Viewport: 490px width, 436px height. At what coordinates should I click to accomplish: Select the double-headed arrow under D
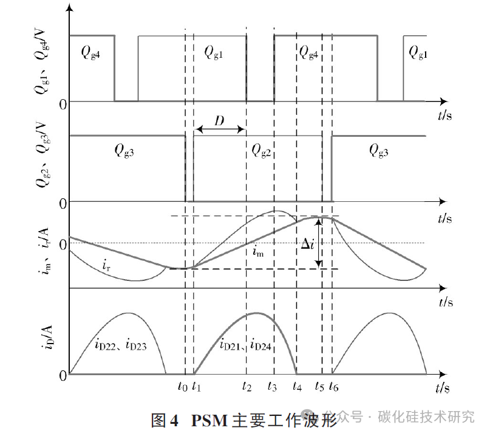pyautogui.click(x=219, y=130)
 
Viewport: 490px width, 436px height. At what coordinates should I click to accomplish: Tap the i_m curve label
pyautogui.click(x=260, y=250)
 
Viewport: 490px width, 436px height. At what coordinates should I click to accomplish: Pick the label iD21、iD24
pyautogui.click(x=245, y=345)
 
